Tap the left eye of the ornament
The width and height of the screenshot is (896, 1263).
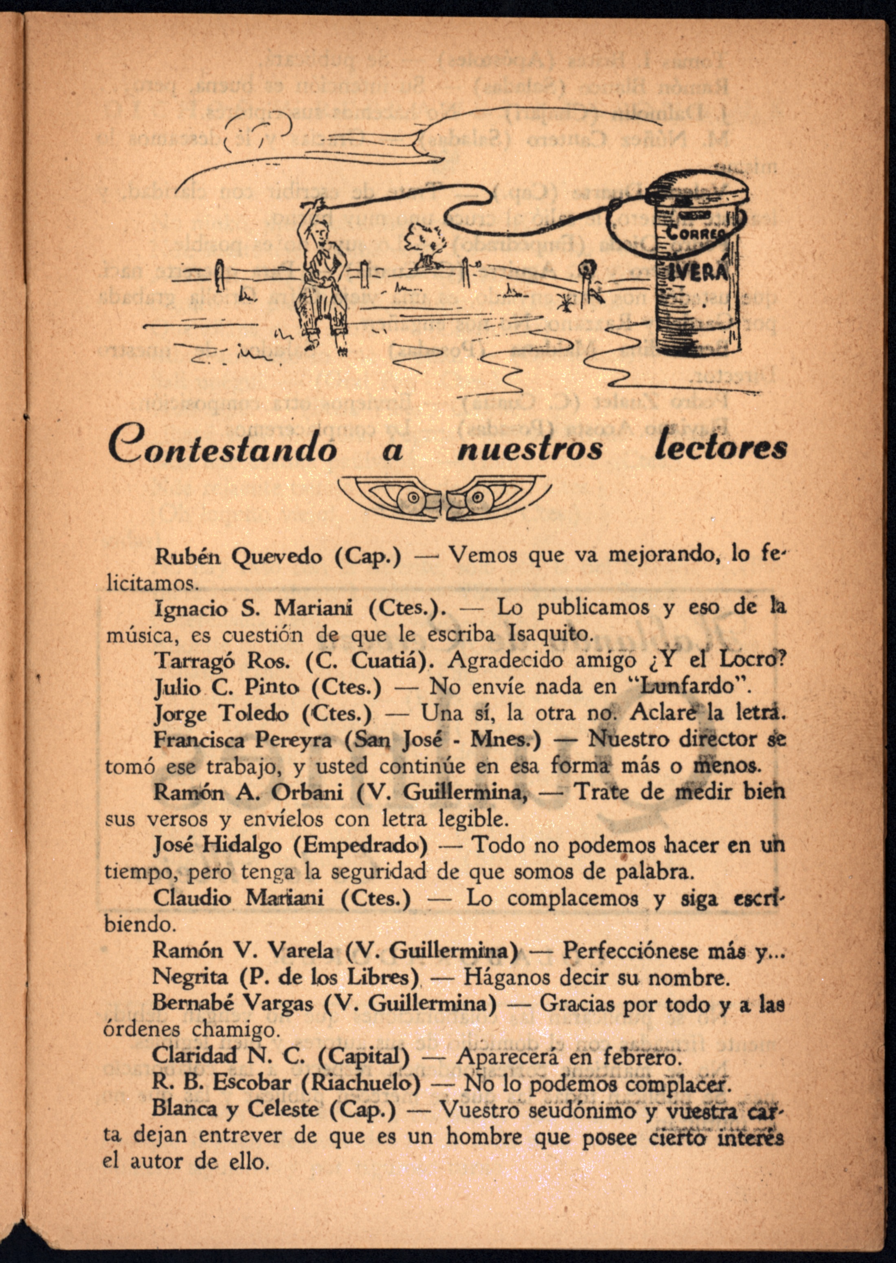(411, 499)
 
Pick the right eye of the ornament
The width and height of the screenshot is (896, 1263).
(476, 499)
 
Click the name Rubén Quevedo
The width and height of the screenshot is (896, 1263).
(242, 557)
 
